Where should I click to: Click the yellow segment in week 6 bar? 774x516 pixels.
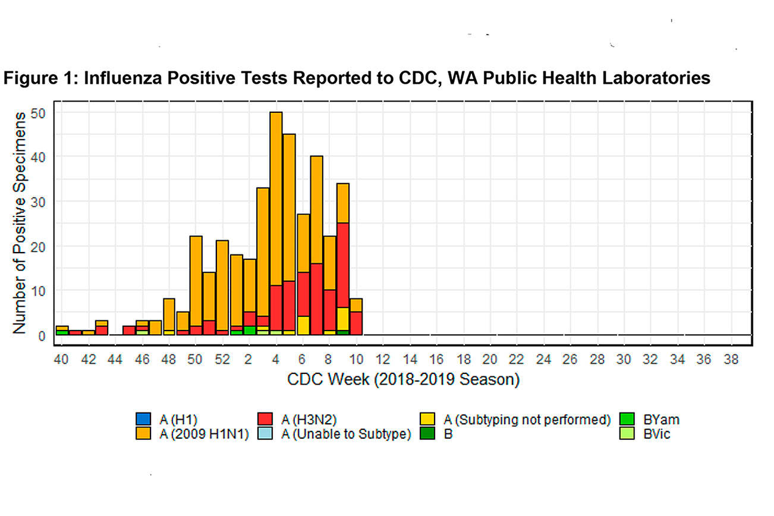[x=303, y=325]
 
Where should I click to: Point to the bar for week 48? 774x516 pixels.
[x=169, y=315]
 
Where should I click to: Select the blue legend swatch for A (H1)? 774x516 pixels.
[x=143, y=419]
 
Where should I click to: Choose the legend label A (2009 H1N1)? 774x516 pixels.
[x=203, y=434]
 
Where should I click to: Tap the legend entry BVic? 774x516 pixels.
[x=656, y=434]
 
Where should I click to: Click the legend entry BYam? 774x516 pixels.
[x=660, y=419]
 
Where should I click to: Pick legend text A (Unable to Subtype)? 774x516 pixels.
[x=346, y=434]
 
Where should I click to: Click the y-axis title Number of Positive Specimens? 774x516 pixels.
[x=19, y=222]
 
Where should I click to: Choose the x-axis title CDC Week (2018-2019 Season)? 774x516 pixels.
[x=403, y=379]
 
